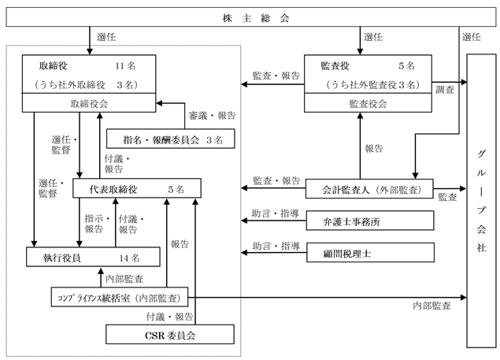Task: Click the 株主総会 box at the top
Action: pyautogui.click(x=251, y=17)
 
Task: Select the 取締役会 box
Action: pyautogui.click(x=89, y=102)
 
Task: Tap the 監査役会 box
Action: pyautogui.click(x=368, y=102)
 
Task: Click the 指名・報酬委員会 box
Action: pyautogui.click(x=171, y=139)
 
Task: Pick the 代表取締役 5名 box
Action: pyautogui.click(x=137, y=188)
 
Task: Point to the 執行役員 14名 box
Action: pyautogui.click(x=93, y=257)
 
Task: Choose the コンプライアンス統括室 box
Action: pyautogui.click(x=120, y=297)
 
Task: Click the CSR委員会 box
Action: pyautogui.click(x=170, y=335)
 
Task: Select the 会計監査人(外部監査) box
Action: pyautogui.click(x=369, y=189)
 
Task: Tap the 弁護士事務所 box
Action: pyautogui.click(x=370, y=221)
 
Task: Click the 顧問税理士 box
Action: pyautogui.click(x=371, y=252)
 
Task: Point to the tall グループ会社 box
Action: pyautogui.click(x=482, y=201)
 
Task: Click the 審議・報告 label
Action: pyautogui.click(x=212, y=116)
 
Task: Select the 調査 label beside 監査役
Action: pyautogui.click(x=445, y=90)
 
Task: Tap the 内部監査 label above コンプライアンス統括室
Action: pyautogui.click(x=124, y=279)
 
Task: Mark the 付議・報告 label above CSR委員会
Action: pyautogui.click(x=170, y=317)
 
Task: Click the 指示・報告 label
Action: pyautogui.click(x=98, y=224)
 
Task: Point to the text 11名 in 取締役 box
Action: pyautogui.click(x=125, y=66)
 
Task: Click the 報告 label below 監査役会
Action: pyautogui.click(x=374, y=148)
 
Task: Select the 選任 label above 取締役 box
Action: pyautogui.click(x=106, y=37)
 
